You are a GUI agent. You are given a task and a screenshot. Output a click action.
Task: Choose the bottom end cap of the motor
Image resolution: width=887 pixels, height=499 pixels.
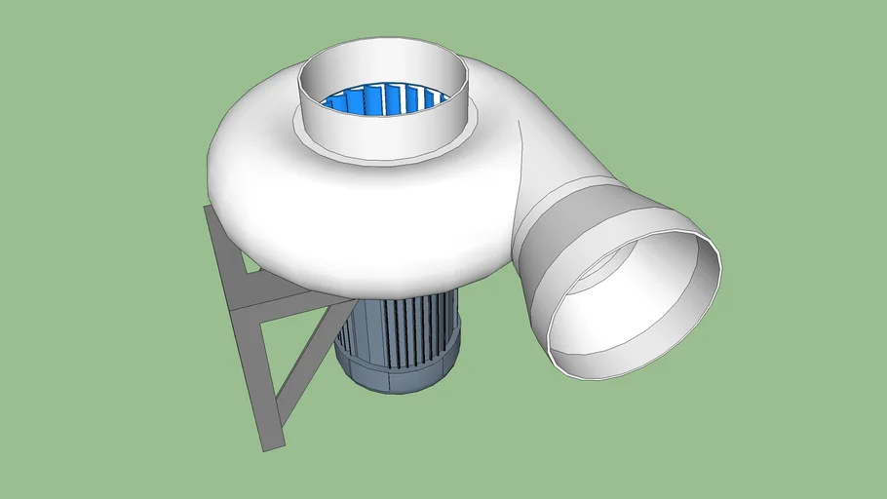pos(390,375)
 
